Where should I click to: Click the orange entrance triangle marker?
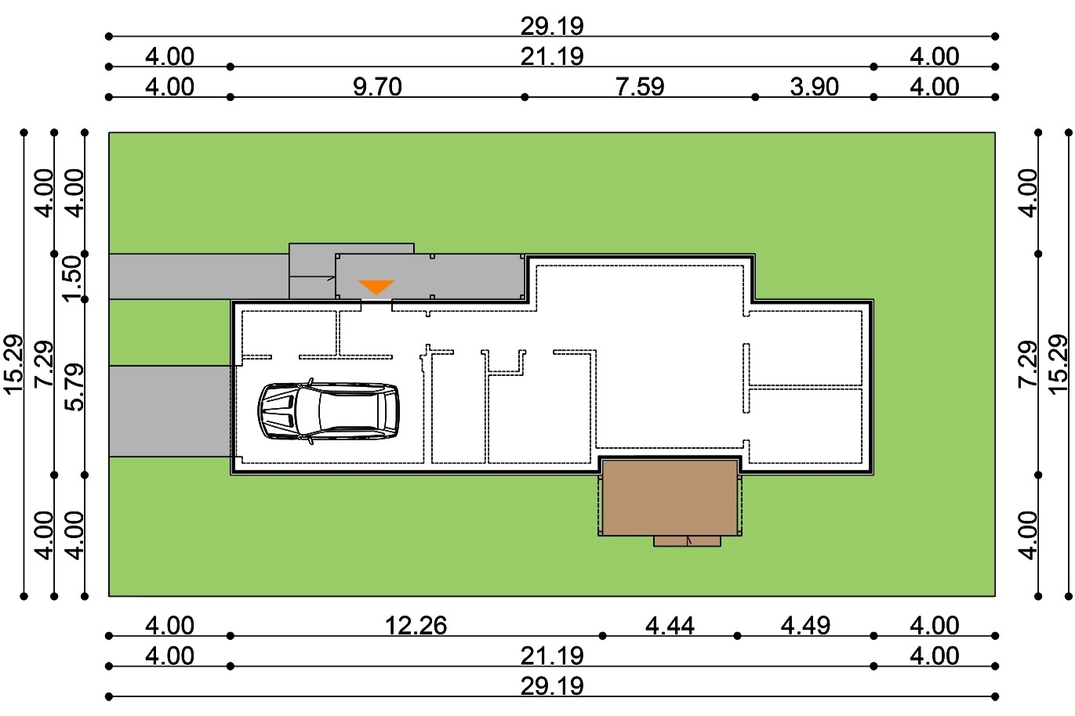[x=376, y=287]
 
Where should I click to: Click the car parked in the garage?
[x=329, y=411]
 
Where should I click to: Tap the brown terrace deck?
[x=670, y=497]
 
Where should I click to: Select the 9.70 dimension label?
[x=377, y=87]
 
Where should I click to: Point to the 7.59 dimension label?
[x=640, y=87]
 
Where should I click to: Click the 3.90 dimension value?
[x=815, y=87]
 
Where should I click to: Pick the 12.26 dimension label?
[x=416, y=626]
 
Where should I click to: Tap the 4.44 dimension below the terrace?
[x=670, y=626]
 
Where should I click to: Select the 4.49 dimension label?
[x=805, y=626]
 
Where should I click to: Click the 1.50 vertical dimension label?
[x=74, y=277]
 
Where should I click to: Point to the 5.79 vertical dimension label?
[x=74, y=388]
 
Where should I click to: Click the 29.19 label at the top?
[x=552, y=26]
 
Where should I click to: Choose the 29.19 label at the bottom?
[x=552, y=686]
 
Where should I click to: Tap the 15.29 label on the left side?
[x=13, y=364]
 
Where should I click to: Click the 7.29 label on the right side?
[x=1028, y=363]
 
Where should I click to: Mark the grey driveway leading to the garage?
[x=170, y=411]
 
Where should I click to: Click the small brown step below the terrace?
[x=687, y=541]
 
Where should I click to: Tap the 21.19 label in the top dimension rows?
[x=552, y=56]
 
